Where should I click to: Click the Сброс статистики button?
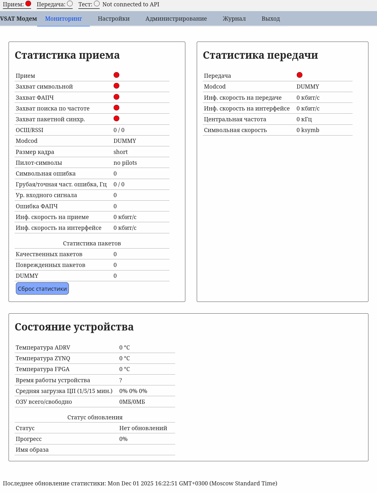pos(42,289)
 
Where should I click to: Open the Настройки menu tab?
pos(114,19)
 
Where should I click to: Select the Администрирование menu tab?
pos(176,19)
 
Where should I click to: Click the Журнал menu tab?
pos(234,19)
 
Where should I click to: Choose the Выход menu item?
pos(271,19)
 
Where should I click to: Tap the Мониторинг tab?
pos(63,19)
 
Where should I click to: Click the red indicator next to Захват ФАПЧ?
pos(116,97)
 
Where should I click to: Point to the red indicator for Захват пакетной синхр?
pos(116,118)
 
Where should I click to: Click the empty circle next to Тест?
pos(97,3)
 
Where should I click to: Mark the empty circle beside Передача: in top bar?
pos(70,3)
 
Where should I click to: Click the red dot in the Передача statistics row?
pos(300,75)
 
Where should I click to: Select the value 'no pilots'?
pos(125,163)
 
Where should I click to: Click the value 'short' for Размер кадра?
pos(121,152)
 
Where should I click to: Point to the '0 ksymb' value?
pos(308,130)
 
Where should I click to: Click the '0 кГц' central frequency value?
pos(304,119)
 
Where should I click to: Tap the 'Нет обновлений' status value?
pos(143,428)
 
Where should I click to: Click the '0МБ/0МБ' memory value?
pos(132,402)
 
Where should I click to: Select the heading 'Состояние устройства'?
pos(74,327)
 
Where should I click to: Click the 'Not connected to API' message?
pos(131,4)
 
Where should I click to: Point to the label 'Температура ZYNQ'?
pos(43,358)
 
